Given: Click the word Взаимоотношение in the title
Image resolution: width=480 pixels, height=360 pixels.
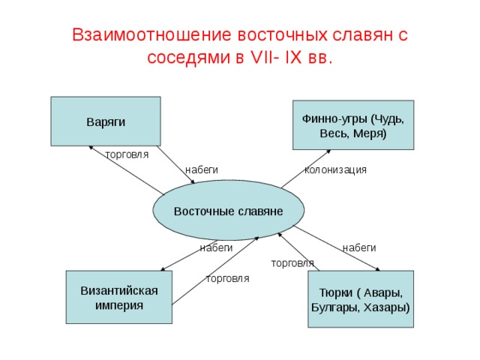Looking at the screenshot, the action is click(x=151, y=34).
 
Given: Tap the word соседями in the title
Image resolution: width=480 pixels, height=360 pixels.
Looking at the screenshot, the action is click(x=188, y=57).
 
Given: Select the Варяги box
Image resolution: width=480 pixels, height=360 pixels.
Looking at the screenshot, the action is click(x=106, y=121).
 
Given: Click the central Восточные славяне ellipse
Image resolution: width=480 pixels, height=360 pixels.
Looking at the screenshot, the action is click(x=228, y=210).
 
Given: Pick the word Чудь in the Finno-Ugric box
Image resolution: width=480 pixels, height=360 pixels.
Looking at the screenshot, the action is click(x=388, y=118).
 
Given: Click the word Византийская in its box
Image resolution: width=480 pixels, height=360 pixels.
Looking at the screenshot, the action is click(x=119, y=290).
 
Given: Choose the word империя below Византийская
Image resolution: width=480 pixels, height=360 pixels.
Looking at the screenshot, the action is click(x=119, y=305).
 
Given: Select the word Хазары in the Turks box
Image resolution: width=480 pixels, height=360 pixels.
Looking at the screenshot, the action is click(x=387, y=307).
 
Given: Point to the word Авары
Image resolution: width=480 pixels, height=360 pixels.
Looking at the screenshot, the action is click(x=383, y=293).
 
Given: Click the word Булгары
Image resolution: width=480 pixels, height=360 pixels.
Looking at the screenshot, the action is click(x=335, y=307).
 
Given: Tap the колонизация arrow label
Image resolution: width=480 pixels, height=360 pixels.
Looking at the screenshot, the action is click(x=335, y=169).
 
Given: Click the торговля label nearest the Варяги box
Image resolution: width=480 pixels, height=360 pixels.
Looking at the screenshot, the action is click(x=127, y=154).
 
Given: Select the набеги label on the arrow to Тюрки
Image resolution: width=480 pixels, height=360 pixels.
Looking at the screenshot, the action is click(x=359, y=247).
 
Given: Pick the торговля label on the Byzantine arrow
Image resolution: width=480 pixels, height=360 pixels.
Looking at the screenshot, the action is click(x=228, y=278).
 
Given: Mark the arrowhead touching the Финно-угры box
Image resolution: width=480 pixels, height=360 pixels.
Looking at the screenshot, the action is click(x=328, y=151).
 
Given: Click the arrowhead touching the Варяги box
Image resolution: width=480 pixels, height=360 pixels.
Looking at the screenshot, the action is click(x=91, y=148).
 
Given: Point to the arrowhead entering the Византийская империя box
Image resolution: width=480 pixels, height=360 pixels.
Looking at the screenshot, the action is click(x=163, y=269).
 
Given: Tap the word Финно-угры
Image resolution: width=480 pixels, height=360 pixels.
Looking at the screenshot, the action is click(x=334, y=118).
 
